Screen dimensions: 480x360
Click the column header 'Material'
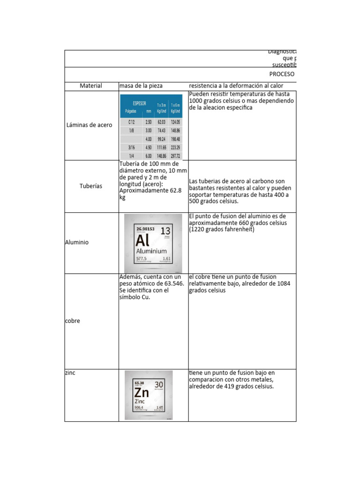pyautogui.click(x=91, y=86)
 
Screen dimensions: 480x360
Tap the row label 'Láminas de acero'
pyautogui.click(x=89, y=125)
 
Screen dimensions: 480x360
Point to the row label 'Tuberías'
pyautogui.click(x=91, y=186)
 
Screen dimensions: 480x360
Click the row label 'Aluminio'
pyautogui.click(x=77, y=242)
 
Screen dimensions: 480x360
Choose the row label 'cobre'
pyautogui.click(x=72, y=321)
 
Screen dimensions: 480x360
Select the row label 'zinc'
pyautogui.click(x=70, y=373)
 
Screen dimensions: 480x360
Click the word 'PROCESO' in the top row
pyautogui.click(x=282, y=74)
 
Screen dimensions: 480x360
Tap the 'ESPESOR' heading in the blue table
pyautogui.click(x=140, y=103)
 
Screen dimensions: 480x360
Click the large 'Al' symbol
pyautogui.click(x=143, y=241)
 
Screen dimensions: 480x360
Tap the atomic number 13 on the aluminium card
pyautogui.click(x=165, y=231)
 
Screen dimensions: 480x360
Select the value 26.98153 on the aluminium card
pyautogui.click(x=146, y=229)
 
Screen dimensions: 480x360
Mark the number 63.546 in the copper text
pyautogui.click(x=173, y=284)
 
